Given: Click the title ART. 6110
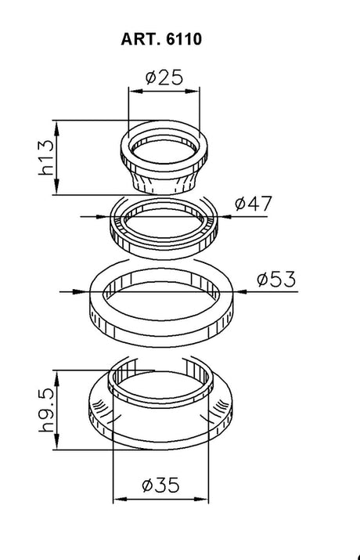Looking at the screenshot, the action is coord(161,39).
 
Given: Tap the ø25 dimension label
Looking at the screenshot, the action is coord(164,77).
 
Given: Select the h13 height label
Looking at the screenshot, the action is coord(46,157).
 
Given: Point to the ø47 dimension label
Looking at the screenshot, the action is coord(254,203).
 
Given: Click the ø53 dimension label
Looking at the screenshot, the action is coord(276,279).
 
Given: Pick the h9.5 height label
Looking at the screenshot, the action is coord(46,410).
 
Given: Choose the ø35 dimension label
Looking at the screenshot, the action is coord(160,485).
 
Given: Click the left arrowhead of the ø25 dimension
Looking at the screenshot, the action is coord(135,92).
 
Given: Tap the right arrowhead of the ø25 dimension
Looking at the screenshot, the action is coord(193,92).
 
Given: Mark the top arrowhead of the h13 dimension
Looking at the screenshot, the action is coord(56,128).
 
